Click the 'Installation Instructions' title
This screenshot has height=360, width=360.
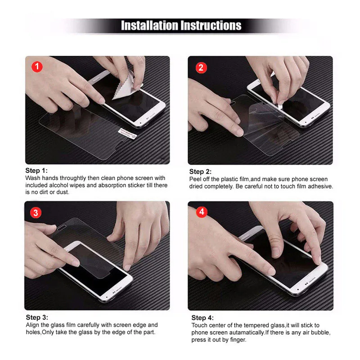[181, 25]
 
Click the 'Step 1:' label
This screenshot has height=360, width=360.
[36, 171]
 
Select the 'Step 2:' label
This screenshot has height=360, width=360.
[200, 171]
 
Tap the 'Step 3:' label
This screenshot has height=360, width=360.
[36, 317]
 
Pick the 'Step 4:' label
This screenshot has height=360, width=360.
[202, 318]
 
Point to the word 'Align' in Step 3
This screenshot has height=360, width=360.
[33, 325]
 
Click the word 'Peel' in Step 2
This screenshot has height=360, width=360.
[196, 179]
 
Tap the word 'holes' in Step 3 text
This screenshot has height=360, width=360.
[33, 332]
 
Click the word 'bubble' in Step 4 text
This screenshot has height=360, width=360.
[320, 333]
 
